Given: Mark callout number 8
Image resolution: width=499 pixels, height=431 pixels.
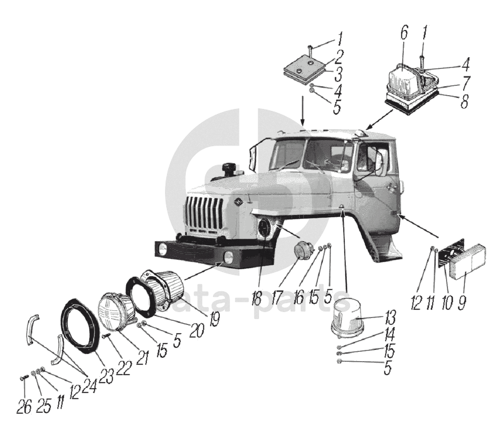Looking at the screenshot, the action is [465, 101].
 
